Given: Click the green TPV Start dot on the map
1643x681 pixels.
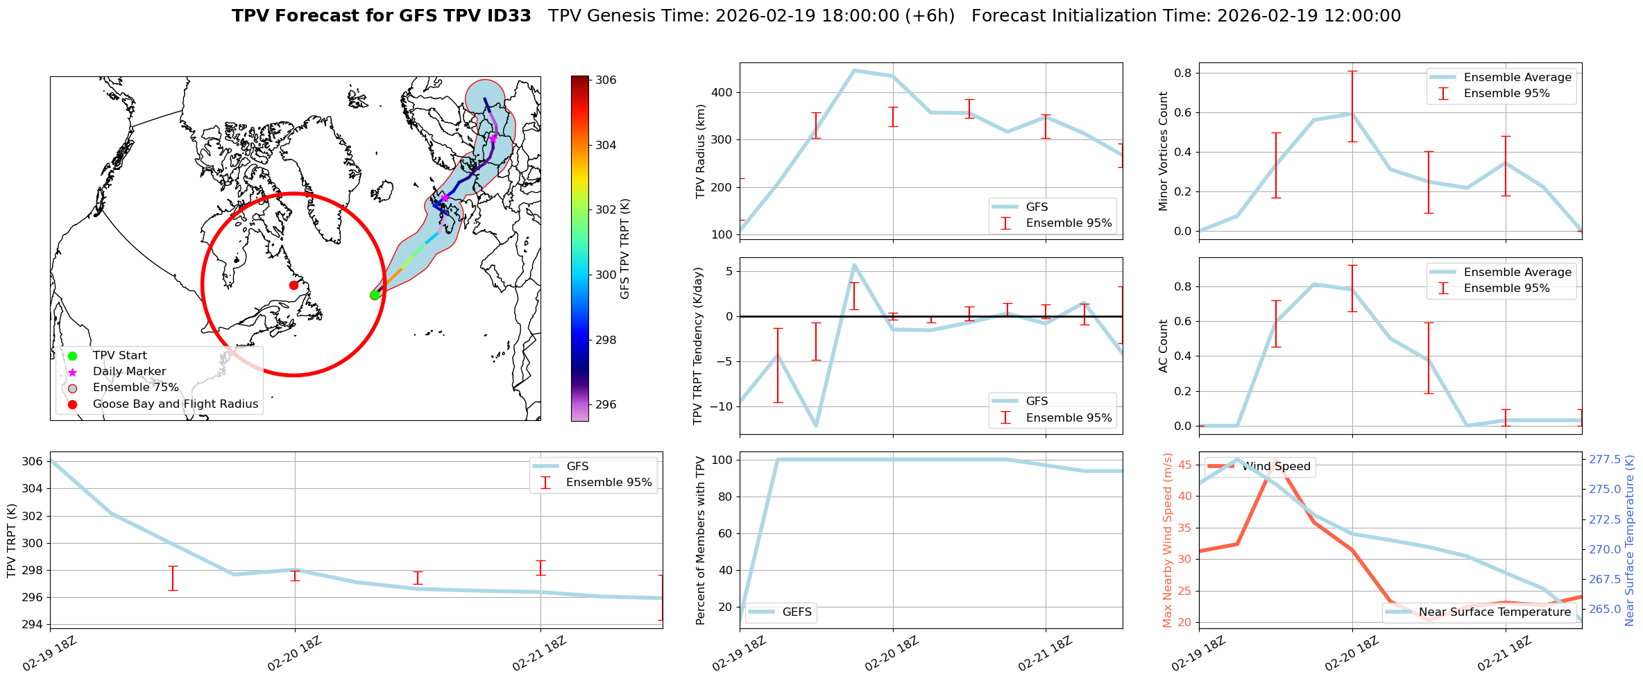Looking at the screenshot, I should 375,295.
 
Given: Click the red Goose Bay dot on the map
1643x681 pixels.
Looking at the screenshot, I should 293,285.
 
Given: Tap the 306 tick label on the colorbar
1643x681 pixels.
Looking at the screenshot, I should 606,80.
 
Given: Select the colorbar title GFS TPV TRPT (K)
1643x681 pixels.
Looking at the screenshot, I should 625,249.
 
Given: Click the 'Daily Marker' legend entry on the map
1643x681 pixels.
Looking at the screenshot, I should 129,372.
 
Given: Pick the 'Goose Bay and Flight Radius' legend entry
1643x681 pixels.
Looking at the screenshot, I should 175,404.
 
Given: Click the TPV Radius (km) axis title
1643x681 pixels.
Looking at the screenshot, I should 701,151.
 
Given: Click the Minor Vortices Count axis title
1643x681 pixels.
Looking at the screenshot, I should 1164,151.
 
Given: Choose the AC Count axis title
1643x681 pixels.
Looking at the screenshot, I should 1164,346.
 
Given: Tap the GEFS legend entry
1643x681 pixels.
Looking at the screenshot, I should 797,612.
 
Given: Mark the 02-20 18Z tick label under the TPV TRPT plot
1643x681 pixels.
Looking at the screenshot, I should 294,654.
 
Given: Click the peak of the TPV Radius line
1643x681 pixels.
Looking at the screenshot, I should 854,70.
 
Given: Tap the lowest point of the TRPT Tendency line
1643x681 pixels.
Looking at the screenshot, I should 816,426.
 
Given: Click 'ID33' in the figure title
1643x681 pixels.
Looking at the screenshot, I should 510,16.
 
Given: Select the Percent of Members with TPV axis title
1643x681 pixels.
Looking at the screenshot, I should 701,540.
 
